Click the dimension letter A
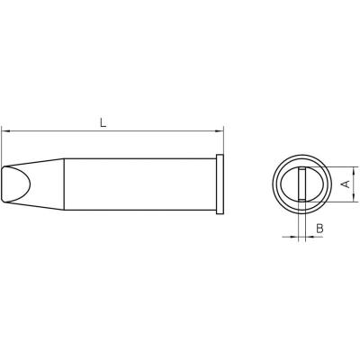(x=346, y=184)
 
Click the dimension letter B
(x=320, y=230)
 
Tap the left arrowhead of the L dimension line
(x=6, y=131)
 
